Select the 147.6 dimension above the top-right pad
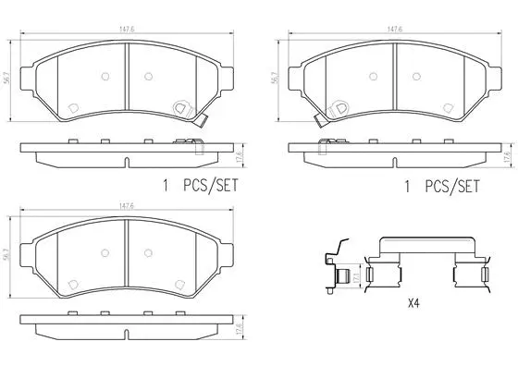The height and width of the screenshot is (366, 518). (x=395, y=30)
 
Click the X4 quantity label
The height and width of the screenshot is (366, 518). (x=413, y=301)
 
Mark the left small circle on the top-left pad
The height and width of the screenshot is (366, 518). (x=104, y=77)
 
